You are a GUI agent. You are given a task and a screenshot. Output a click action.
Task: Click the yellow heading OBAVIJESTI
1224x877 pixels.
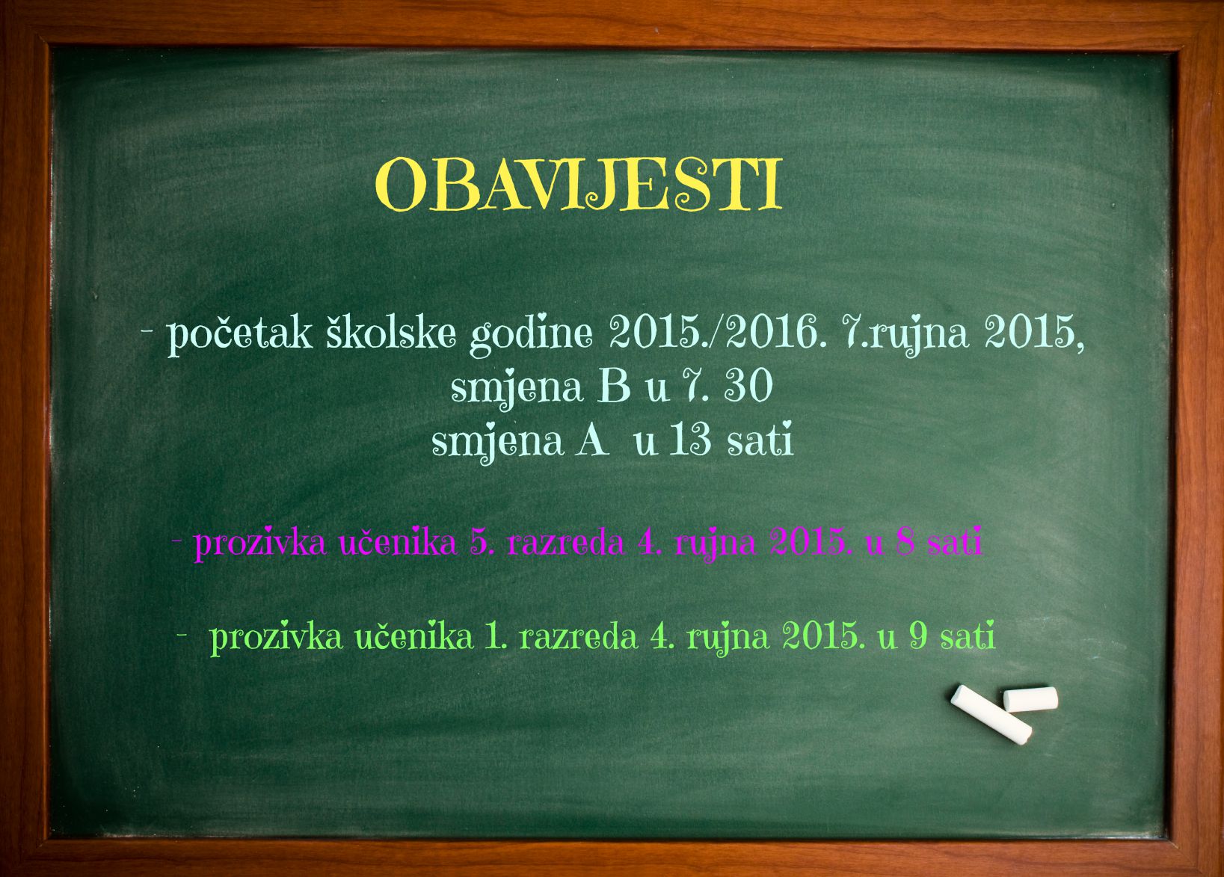coord(579,185)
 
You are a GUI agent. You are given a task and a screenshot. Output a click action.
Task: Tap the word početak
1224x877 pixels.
coord(239,333)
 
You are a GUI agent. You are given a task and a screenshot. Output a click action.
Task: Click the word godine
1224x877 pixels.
coord(531,334)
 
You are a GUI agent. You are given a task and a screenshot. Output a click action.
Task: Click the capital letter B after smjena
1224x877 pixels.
coord(614,387)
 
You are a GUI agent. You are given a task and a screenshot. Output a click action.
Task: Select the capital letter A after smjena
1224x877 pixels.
coord(591,441)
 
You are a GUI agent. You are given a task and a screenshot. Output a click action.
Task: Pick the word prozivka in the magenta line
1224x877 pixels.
coord(260,544)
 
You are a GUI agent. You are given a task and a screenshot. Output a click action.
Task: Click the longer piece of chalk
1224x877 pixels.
coord(991,716)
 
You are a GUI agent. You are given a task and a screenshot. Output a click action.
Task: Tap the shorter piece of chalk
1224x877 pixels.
coord(1030,699)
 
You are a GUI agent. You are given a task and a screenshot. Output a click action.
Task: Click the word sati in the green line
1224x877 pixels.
coord(968,636)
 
